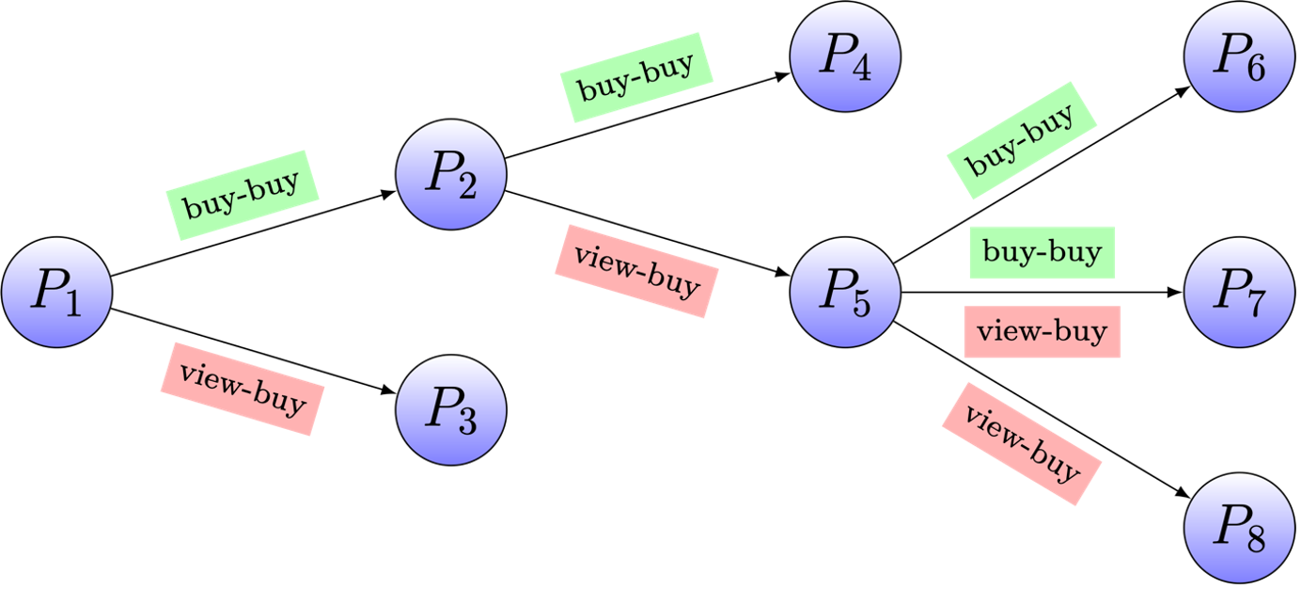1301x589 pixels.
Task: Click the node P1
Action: pos(57,292)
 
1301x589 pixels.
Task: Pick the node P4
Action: pos(846,56)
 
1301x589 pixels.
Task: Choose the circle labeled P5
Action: pos(846,292)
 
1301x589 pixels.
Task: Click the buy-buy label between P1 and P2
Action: pos(243,195)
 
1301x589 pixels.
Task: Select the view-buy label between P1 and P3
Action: pos(243,389)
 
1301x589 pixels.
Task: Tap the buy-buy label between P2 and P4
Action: pos(636,76)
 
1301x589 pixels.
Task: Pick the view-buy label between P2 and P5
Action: pos(636,271)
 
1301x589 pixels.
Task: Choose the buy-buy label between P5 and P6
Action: pos(1021,139)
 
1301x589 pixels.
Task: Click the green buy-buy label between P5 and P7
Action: pos(1042,252)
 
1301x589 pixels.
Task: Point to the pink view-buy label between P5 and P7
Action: pos(1042,332)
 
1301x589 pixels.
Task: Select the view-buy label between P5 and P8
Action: pos(1021,443)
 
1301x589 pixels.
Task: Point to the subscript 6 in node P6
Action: pos(1255,69)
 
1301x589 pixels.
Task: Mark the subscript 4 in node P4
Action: pos(861,69)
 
